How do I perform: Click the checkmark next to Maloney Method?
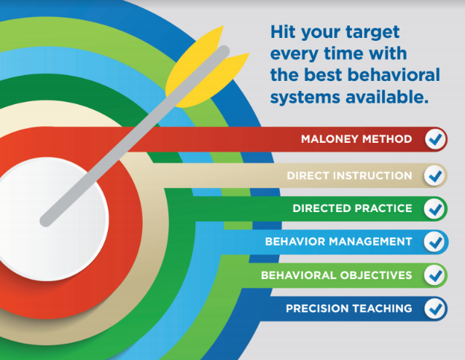(435, 139)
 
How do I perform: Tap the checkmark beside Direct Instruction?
(434, 176)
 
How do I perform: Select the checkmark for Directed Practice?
(434, 208)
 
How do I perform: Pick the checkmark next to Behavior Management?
(434, 242)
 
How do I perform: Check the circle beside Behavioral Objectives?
(434, 275)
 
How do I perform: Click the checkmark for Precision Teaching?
(434, 308)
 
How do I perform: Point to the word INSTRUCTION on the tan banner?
(372, 176)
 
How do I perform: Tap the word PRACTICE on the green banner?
(383, 208)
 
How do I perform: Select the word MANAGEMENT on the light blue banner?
(370, 242)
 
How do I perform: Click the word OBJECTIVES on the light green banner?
(376, 275)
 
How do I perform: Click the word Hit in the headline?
(284, 32)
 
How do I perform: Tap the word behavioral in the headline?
(394, 74)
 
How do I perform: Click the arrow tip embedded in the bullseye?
(45, 222)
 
